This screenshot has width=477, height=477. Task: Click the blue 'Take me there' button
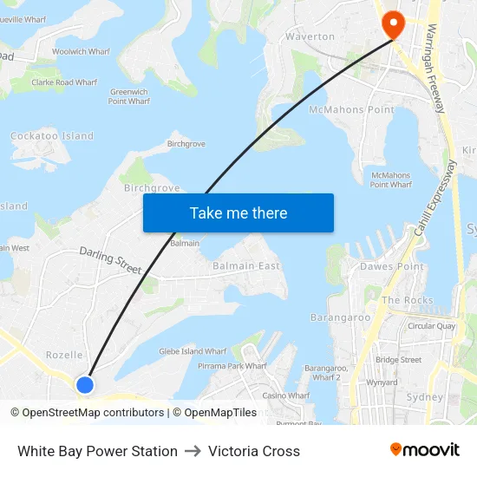click(238, 212)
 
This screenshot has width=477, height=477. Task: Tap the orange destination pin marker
click(392, 23)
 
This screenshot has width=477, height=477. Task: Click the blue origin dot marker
click(84, 384)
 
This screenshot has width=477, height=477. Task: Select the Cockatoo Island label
click(52, 136)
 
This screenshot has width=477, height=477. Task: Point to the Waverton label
click(310, 36)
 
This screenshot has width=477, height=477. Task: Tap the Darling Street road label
click(110, 260)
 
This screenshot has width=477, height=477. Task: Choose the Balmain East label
click(247, 266)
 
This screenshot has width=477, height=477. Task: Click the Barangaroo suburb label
click(341, 317)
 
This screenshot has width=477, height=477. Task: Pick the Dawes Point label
click(392, 267)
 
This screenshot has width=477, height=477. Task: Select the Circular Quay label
click(431, 327)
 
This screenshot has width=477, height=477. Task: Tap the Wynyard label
click(382, 382)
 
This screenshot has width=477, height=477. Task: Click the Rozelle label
click(64, 355)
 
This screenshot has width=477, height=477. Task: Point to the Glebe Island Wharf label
click(193, 351)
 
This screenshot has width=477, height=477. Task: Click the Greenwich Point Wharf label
click(129, 96)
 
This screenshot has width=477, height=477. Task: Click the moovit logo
click(424, 450)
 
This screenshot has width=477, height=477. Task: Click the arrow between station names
click(193, 451)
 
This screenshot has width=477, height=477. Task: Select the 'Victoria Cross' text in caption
click(254, 451)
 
